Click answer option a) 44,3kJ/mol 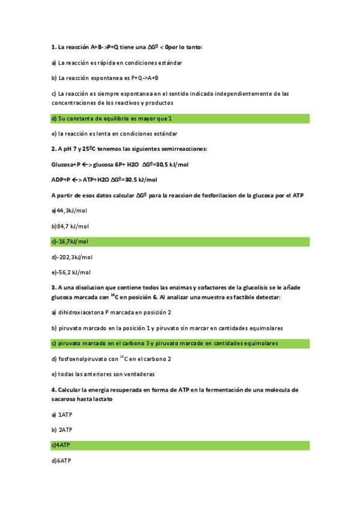(70, 210)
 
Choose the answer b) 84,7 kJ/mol (70, 226)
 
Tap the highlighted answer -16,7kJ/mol (70, 242)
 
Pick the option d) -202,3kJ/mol (72, 257)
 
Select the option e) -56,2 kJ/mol (72, 272)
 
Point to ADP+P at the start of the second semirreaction (61, 179)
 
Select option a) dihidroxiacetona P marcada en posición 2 (111, 312)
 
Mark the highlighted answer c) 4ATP (61, 446)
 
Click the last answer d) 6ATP (61, 461)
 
